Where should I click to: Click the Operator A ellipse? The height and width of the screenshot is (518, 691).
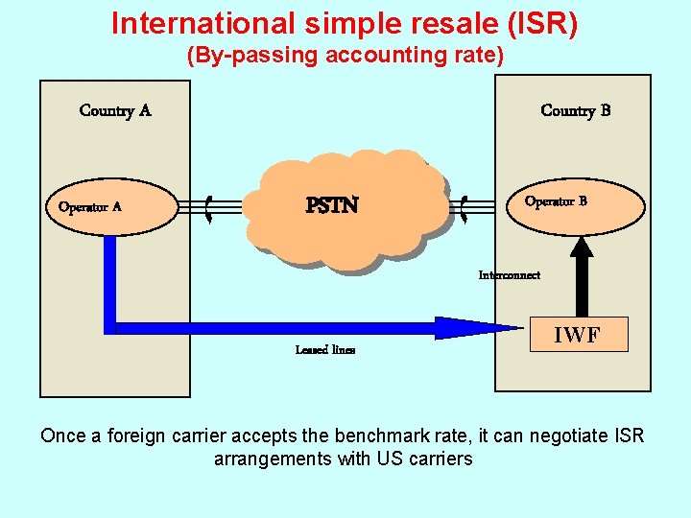point(113,208)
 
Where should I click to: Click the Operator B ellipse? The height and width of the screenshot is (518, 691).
point(575,203)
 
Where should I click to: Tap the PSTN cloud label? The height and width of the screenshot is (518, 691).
point(332,205)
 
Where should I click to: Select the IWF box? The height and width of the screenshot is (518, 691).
point(580,335)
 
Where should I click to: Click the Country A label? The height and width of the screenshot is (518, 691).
point(115,110)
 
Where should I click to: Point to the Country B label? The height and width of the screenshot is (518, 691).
point(576,110)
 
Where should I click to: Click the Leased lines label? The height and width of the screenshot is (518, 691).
point(325,350)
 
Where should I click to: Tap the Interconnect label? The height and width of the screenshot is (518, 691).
point(510,275)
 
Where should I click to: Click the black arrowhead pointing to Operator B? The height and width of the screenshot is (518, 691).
point(581,247)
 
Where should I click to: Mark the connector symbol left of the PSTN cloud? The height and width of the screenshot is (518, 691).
point(209,208)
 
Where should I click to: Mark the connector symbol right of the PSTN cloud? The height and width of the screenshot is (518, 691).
point(465,208)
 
